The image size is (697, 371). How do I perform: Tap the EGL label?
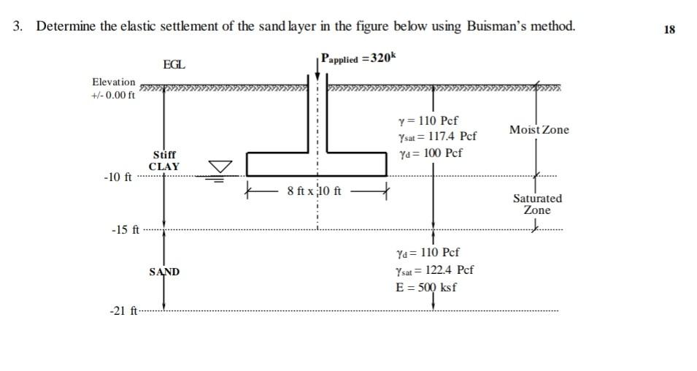click(x=174, y=65)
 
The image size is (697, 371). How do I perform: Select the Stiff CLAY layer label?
click(x=164, y=161)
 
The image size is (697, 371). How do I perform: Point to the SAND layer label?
click(x=164, y=272)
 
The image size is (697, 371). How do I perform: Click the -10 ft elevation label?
click(x=118, y=177)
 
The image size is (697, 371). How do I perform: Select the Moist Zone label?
click(x=539, y=130)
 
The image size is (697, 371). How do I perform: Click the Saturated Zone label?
click(x=537, y=204)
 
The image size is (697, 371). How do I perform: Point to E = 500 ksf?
click(x=426, y=286)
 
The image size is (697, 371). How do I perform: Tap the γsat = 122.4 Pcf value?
click(x=434, y=269)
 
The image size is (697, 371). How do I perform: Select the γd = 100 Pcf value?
click(x=430, y=153)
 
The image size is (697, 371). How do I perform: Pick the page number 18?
click(x=670, y=30)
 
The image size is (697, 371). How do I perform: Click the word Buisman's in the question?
click(x=498, y=27)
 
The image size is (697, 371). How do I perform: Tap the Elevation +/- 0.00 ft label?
click(x=114, y=88)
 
